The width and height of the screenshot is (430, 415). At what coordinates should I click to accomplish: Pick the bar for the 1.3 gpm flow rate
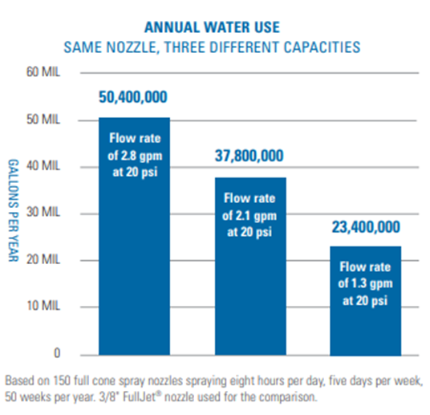coord(367,313)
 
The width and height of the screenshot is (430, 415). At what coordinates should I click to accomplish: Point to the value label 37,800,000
coord(249,156)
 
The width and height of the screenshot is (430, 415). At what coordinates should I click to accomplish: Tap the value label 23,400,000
coord(367,226)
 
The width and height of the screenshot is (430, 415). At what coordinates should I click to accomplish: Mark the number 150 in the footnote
coord(60,377)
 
